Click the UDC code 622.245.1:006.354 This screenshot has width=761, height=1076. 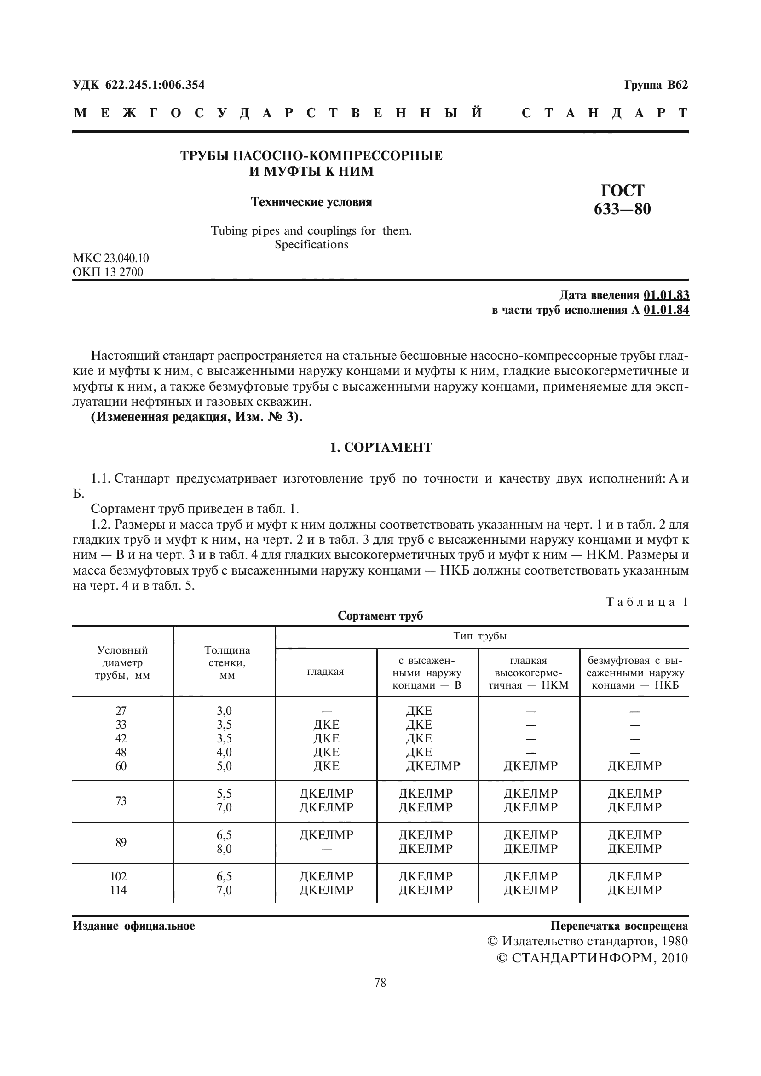155,85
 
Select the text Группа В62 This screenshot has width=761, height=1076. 656,85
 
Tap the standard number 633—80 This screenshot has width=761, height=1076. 622,209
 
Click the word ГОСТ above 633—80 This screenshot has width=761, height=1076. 623,190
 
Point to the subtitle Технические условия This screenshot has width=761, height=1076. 311,202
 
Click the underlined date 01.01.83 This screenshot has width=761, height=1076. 666,295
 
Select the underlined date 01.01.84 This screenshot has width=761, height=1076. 666,310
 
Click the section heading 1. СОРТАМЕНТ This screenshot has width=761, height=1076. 380,448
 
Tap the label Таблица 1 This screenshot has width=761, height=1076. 646,602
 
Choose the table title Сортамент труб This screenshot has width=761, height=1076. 380,616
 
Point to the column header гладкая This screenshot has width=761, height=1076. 325,672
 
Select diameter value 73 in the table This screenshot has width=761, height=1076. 121,801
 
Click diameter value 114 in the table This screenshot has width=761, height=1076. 118,890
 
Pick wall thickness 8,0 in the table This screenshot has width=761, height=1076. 224,849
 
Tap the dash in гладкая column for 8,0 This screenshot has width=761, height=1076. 326,849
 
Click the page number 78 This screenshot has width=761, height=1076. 380,983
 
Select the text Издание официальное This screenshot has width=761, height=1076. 133,926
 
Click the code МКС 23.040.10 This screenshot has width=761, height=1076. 110,258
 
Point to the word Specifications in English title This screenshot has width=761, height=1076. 311,245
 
